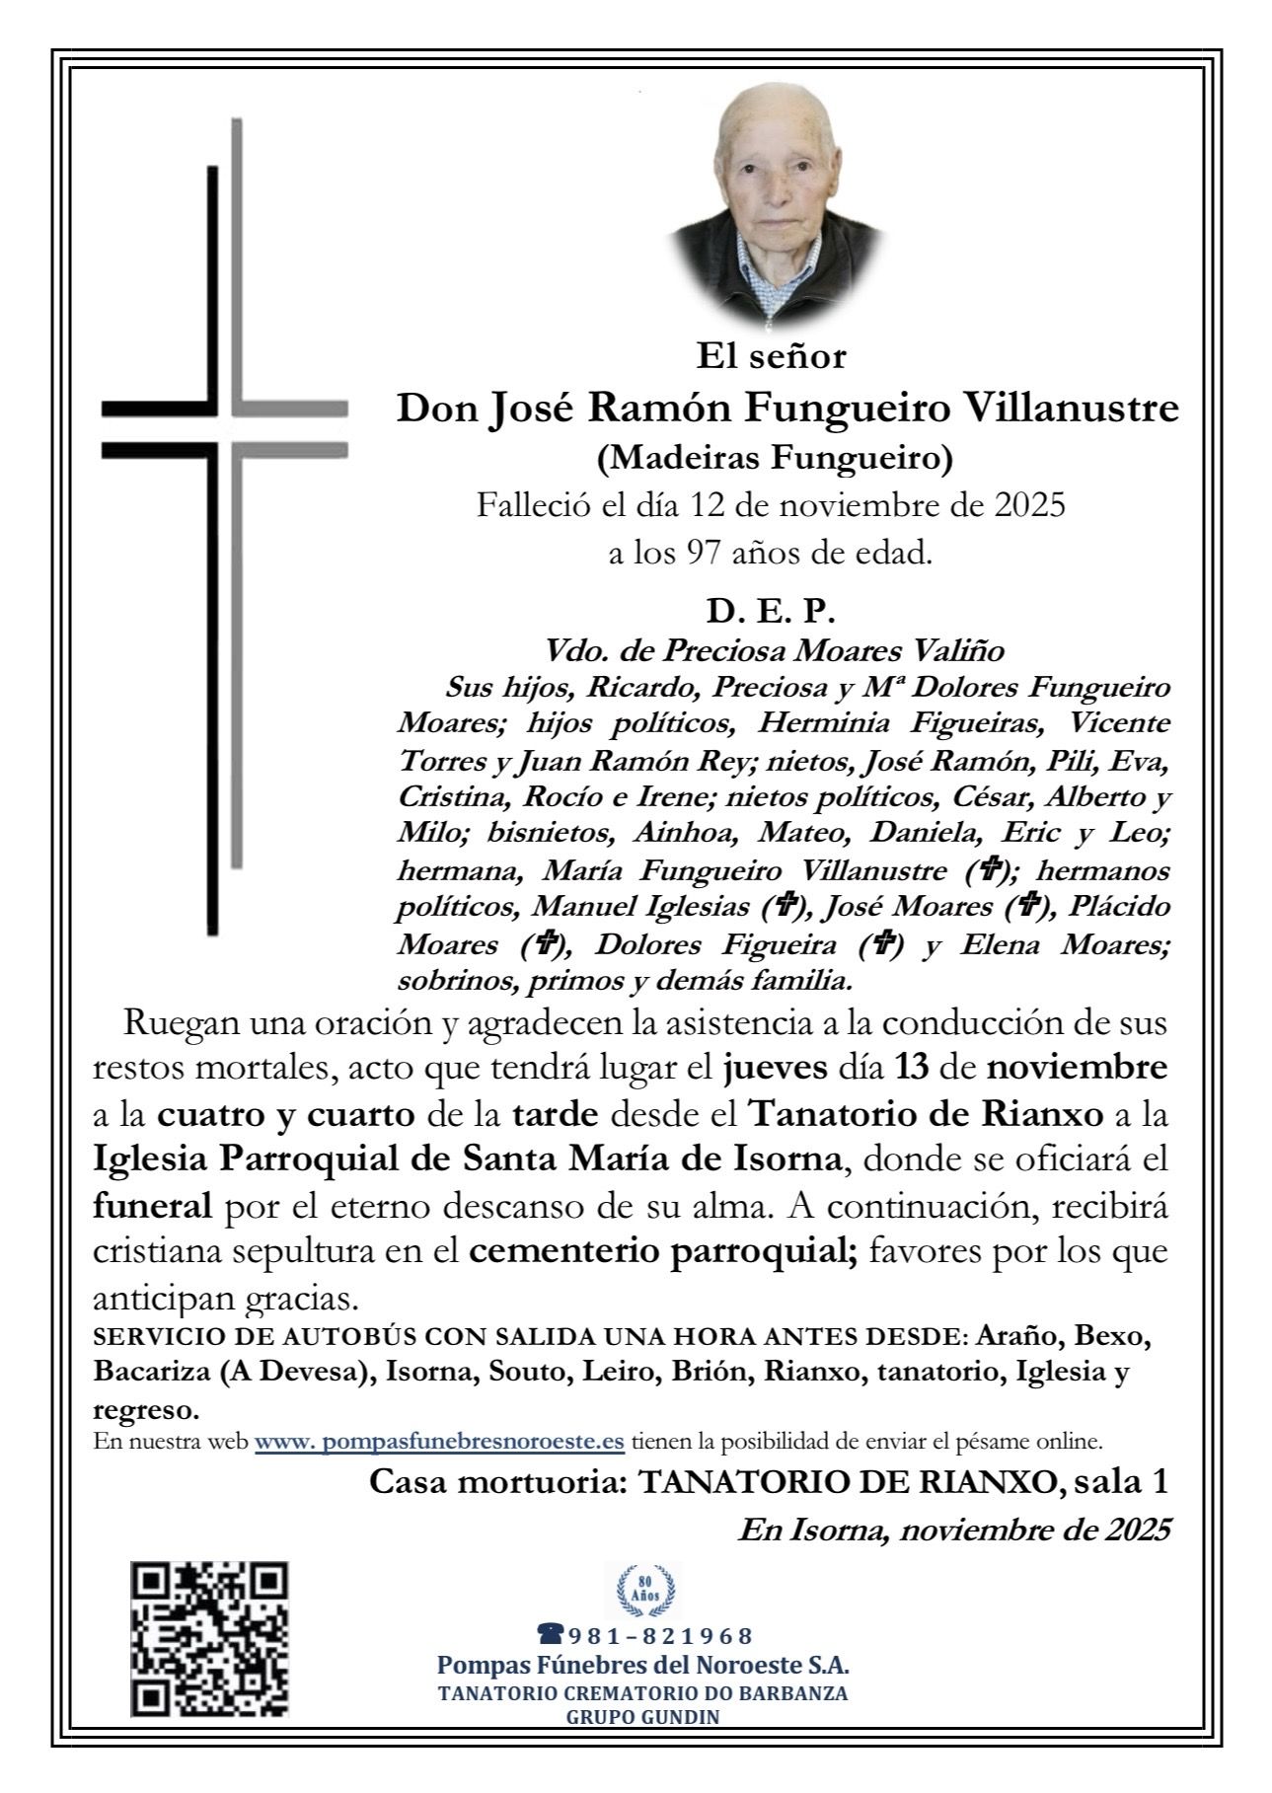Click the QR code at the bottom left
point(209,1639)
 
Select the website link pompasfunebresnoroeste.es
point(439,1440)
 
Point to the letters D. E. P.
point(771,612)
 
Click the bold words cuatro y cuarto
point(286,1114)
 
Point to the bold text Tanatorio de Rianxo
point(925,1114)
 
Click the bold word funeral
point(152,1205)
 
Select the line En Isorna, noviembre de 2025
point(954,1530)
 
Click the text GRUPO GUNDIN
point(642,1745)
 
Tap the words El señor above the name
point(772,355)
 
